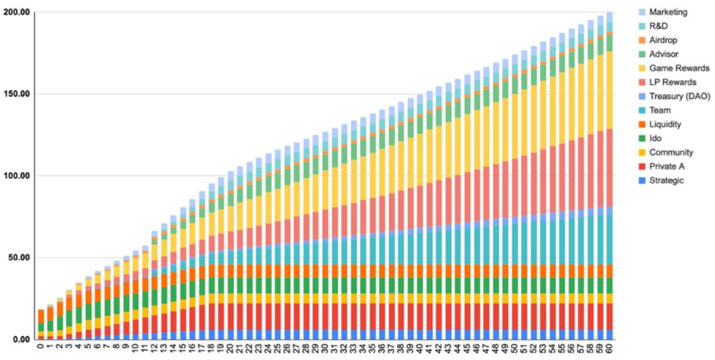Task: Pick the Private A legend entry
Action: click(666, 166)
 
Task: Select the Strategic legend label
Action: click(666, 181)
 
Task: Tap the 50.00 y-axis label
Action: click(20, 257)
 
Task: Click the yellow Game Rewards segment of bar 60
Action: click(609, 89)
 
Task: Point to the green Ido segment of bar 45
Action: click(467, 285)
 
